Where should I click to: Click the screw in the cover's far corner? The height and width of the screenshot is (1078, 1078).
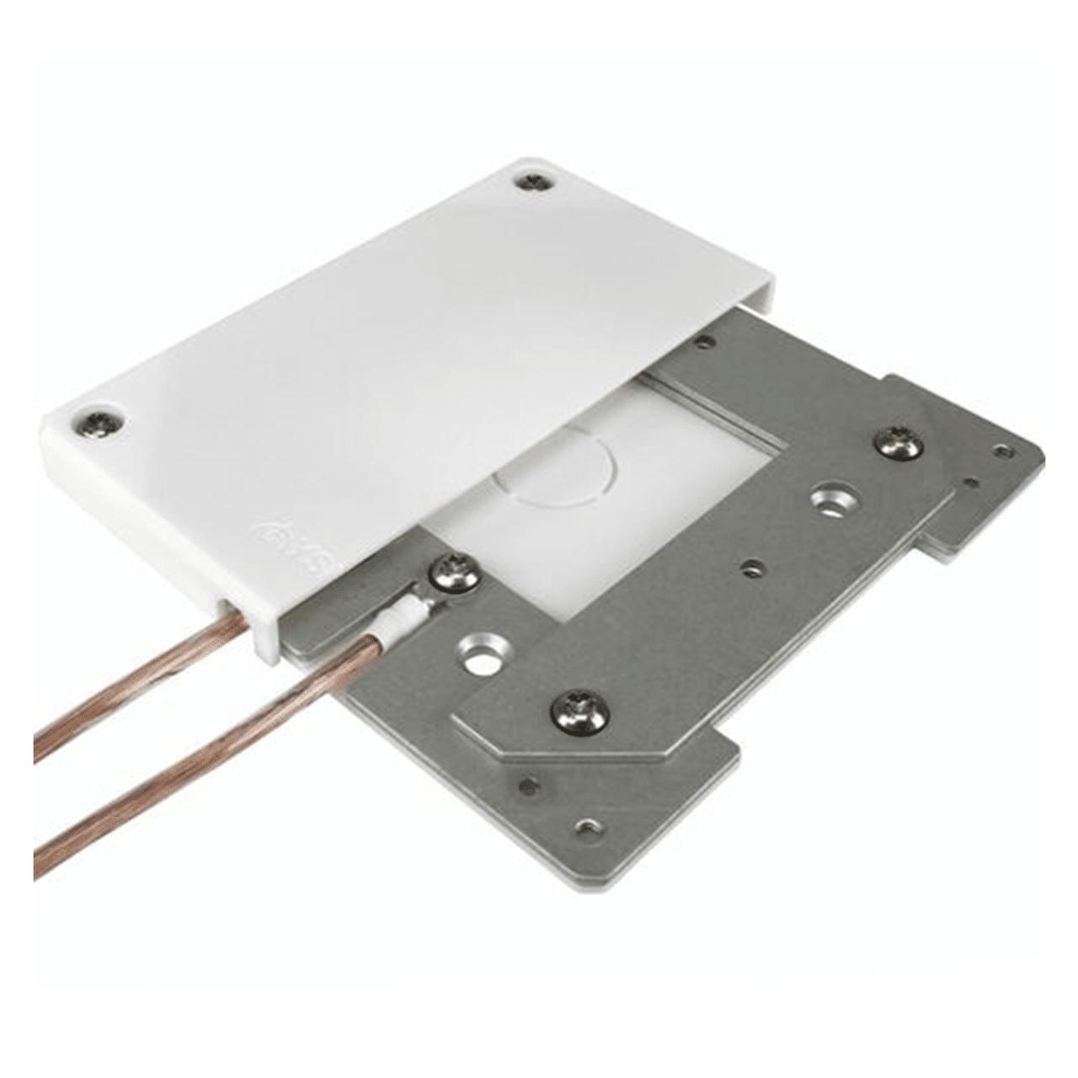(531, 181)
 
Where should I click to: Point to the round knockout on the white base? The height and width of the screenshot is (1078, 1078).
(556, 468)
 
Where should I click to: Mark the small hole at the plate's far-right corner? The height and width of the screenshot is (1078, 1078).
(1003, 451)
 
